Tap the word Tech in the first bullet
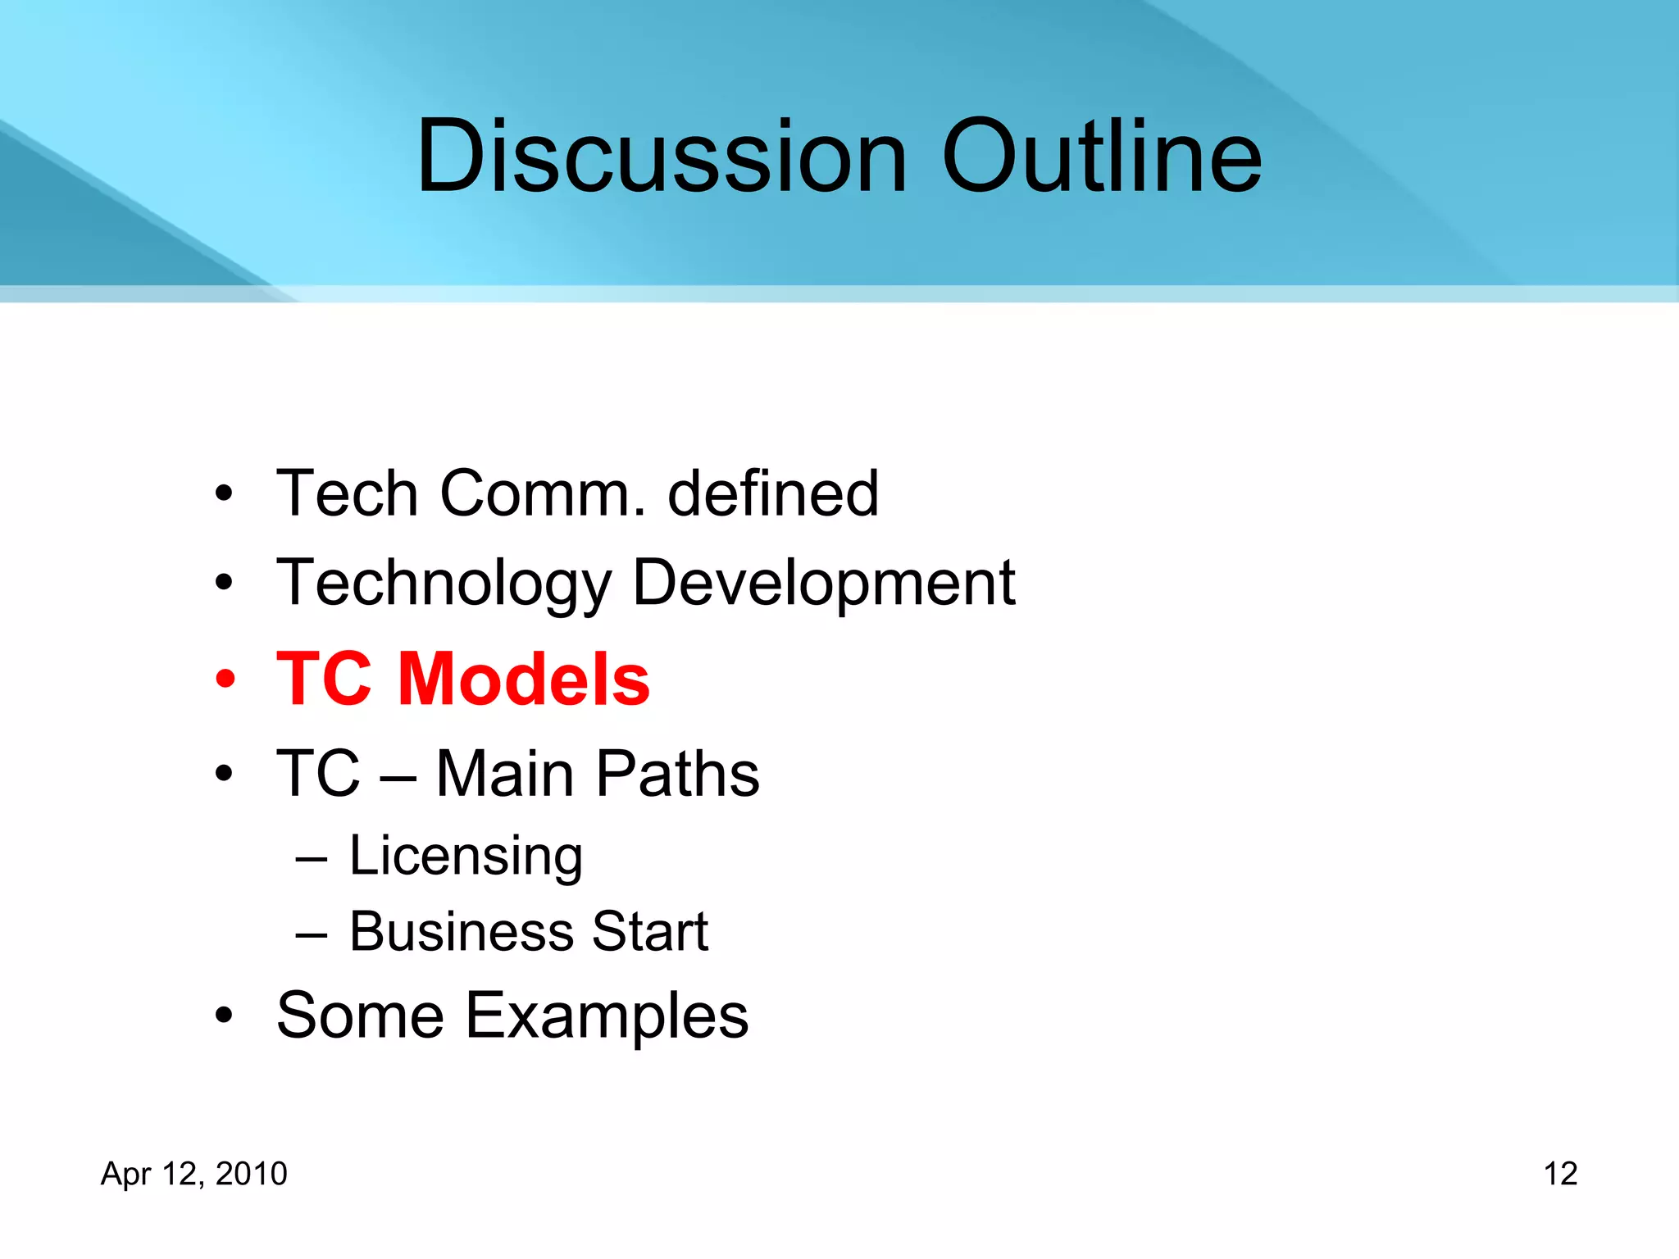pyautogui.click(x=348, y=493)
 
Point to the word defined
pyautogui.click(x=773, y=493)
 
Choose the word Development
pyautogui.click(x=824, y=584)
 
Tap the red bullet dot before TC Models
pyautogui.click(x=225, y=679)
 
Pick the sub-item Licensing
pyautogui.click(x=466, y=856)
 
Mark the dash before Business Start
pyautogui.click(x=312, y=933)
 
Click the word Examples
pyautogui.click(x=607, y=1016)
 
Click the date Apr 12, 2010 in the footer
pyautogui.click(x=194, y=1174)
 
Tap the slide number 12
pyautogui.click(x=1560, y=1174)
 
